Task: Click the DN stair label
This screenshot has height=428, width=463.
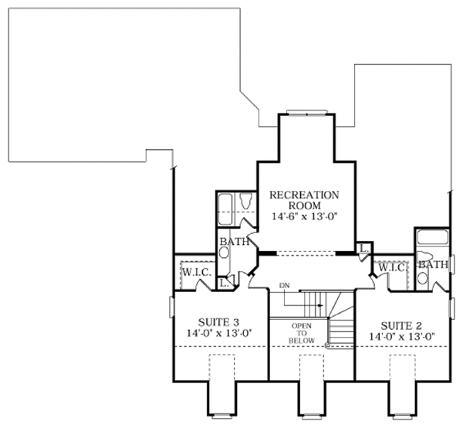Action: pyautogui.click(x=284, y=285)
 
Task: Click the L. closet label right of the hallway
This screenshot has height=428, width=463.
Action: pyautogui.click(x=363, y=247)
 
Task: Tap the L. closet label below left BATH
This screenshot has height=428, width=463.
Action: pyautogui.click(x=224, y=284)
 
